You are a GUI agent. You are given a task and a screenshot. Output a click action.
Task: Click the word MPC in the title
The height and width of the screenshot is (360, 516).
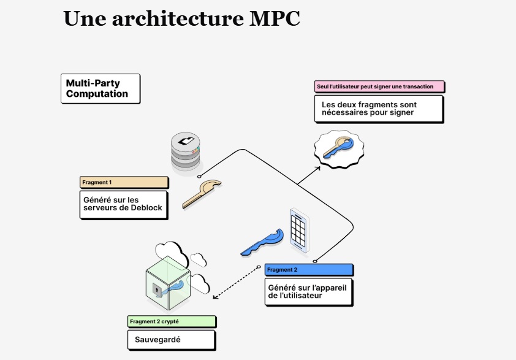[x=275, y=18]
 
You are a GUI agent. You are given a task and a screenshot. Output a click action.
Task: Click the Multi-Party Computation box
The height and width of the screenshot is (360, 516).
[x=101, y=89]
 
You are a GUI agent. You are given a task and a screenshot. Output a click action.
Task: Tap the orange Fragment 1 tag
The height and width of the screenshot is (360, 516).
[x=124, y=182]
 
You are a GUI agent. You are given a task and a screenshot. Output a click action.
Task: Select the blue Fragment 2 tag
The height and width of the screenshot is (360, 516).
[x=309, y=270]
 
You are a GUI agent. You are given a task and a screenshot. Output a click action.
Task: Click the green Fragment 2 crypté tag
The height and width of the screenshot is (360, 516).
[x=172, y=321]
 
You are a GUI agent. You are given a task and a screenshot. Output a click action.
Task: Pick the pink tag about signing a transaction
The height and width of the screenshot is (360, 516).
[x=379, y=86]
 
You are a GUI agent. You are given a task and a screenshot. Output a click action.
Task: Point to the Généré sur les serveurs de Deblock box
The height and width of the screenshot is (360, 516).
[x=124, y=204]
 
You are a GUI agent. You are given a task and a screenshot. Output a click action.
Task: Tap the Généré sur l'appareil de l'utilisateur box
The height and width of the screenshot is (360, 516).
[x=309, y=292]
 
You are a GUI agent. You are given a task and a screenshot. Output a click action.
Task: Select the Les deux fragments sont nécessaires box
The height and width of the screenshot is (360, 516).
[x=378, y=109]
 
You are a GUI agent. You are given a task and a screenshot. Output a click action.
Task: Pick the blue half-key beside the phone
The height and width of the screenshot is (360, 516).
[x=262, y=242]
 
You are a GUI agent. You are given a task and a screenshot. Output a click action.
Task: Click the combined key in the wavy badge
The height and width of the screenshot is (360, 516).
[x=338, y=149]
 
